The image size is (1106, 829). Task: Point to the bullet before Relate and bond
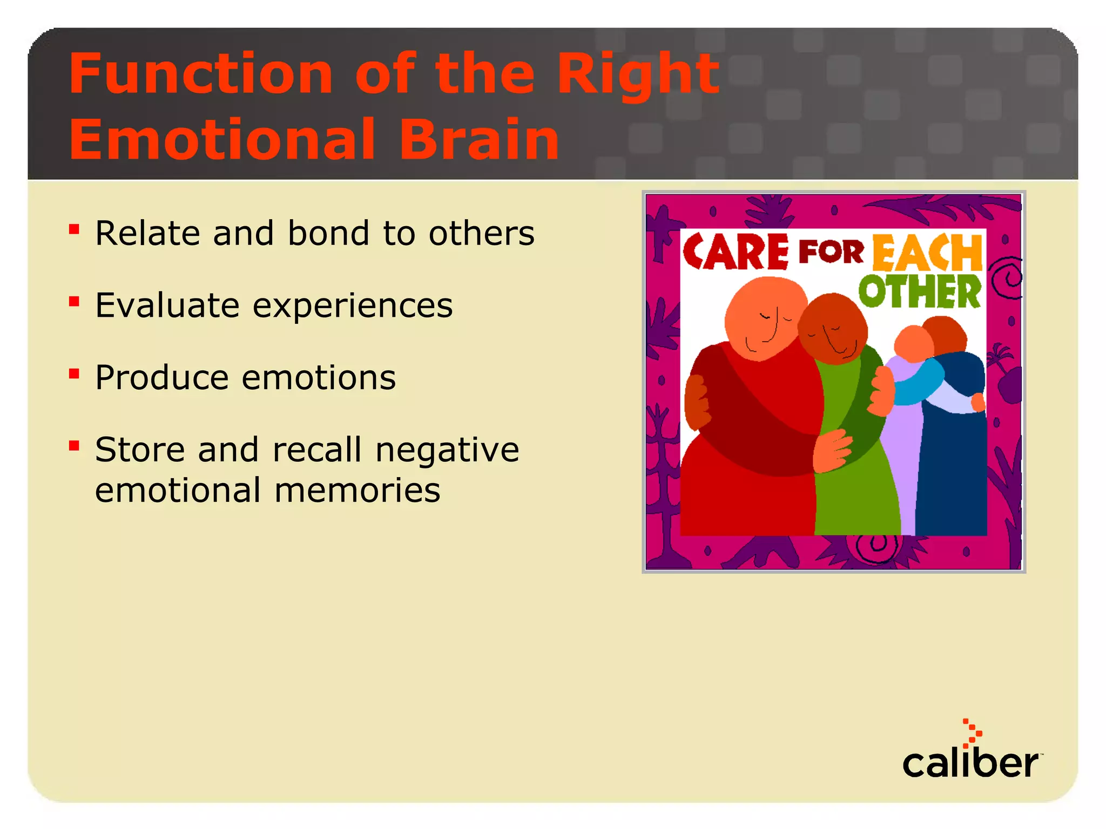[x=75, y=230]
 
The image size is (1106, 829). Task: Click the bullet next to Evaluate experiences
[x=75, y=302]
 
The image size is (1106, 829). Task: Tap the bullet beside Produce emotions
[x=75, y=373]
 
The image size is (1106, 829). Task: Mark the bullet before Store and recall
[x=75, y=446]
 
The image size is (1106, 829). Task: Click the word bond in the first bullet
[x=328, y=233]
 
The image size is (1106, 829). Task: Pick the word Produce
[x=161, y=377]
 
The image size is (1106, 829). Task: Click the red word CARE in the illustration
[x=735, y=252]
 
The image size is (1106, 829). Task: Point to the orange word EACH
[x=927, y=253]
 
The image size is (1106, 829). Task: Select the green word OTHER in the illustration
[x=920, y=292]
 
